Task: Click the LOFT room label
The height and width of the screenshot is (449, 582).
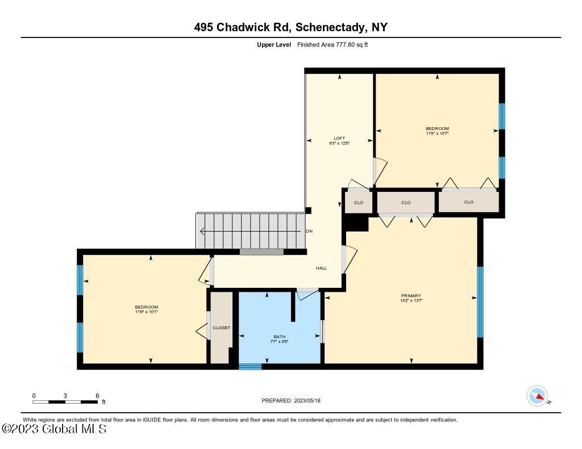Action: click(x=339, y=139)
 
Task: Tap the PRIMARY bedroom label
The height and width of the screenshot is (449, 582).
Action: click(x=411, y=296)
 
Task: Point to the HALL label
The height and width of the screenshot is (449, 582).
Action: click(x=321, y=268)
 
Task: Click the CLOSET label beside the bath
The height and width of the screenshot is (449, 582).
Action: click(x=221, y=328)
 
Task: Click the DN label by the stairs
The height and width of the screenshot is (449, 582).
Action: click(x=309, y=231)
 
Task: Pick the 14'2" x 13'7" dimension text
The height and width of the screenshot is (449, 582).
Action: click(x=411, y=301)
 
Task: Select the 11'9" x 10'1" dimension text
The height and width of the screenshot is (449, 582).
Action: click(x=146, y=312)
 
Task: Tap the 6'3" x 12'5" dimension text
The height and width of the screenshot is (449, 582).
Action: click(x=339, y=144)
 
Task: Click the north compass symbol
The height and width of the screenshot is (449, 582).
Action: click(x=537, y=396)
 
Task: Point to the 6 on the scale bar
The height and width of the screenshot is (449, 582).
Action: click(x=97, y=396)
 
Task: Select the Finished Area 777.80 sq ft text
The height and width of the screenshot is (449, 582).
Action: click(x=332, y=44)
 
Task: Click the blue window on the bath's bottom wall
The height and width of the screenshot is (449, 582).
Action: click(x=250, y=367)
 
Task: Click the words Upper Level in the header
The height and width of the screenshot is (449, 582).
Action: click(x=274, y=44)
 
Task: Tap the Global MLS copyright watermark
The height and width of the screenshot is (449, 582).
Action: click(x=54, y=429)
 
